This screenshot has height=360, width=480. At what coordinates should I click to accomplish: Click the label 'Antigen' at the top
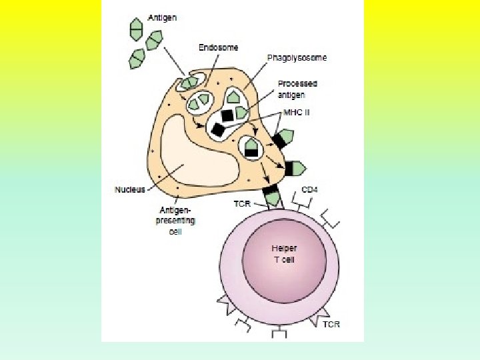click(162, 17)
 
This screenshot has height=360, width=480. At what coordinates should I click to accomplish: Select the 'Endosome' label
click(218, 47)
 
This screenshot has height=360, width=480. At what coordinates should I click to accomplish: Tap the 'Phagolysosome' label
click(297, 58)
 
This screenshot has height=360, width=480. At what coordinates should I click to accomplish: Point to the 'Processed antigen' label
click(297, 89)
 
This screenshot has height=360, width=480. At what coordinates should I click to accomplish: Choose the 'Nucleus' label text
click(129, 189)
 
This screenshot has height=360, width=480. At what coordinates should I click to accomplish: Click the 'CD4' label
click(309, 189)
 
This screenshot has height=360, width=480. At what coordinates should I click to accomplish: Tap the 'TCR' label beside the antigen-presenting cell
click(242, 203)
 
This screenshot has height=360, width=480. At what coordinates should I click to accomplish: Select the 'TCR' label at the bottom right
click(331, 324)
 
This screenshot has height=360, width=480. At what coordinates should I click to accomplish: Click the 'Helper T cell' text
click(283, 253)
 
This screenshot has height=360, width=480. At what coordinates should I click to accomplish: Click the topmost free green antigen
click(136, 27)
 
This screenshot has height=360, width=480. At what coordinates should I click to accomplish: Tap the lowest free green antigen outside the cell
click(138, 58)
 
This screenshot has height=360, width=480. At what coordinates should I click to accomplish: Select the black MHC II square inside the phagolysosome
click(227, 115)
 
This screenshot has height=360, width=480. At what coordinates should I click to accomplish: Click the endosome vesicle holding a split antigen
click(199, 102)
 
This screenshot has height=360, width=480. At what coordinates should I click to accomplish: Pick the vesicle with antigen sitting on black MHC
click(251, 146)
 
